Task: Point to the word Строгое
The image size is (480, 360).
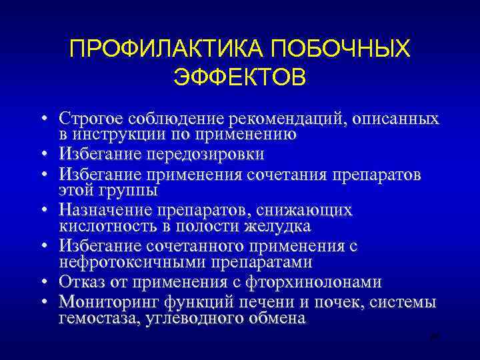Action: (89, 119)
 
